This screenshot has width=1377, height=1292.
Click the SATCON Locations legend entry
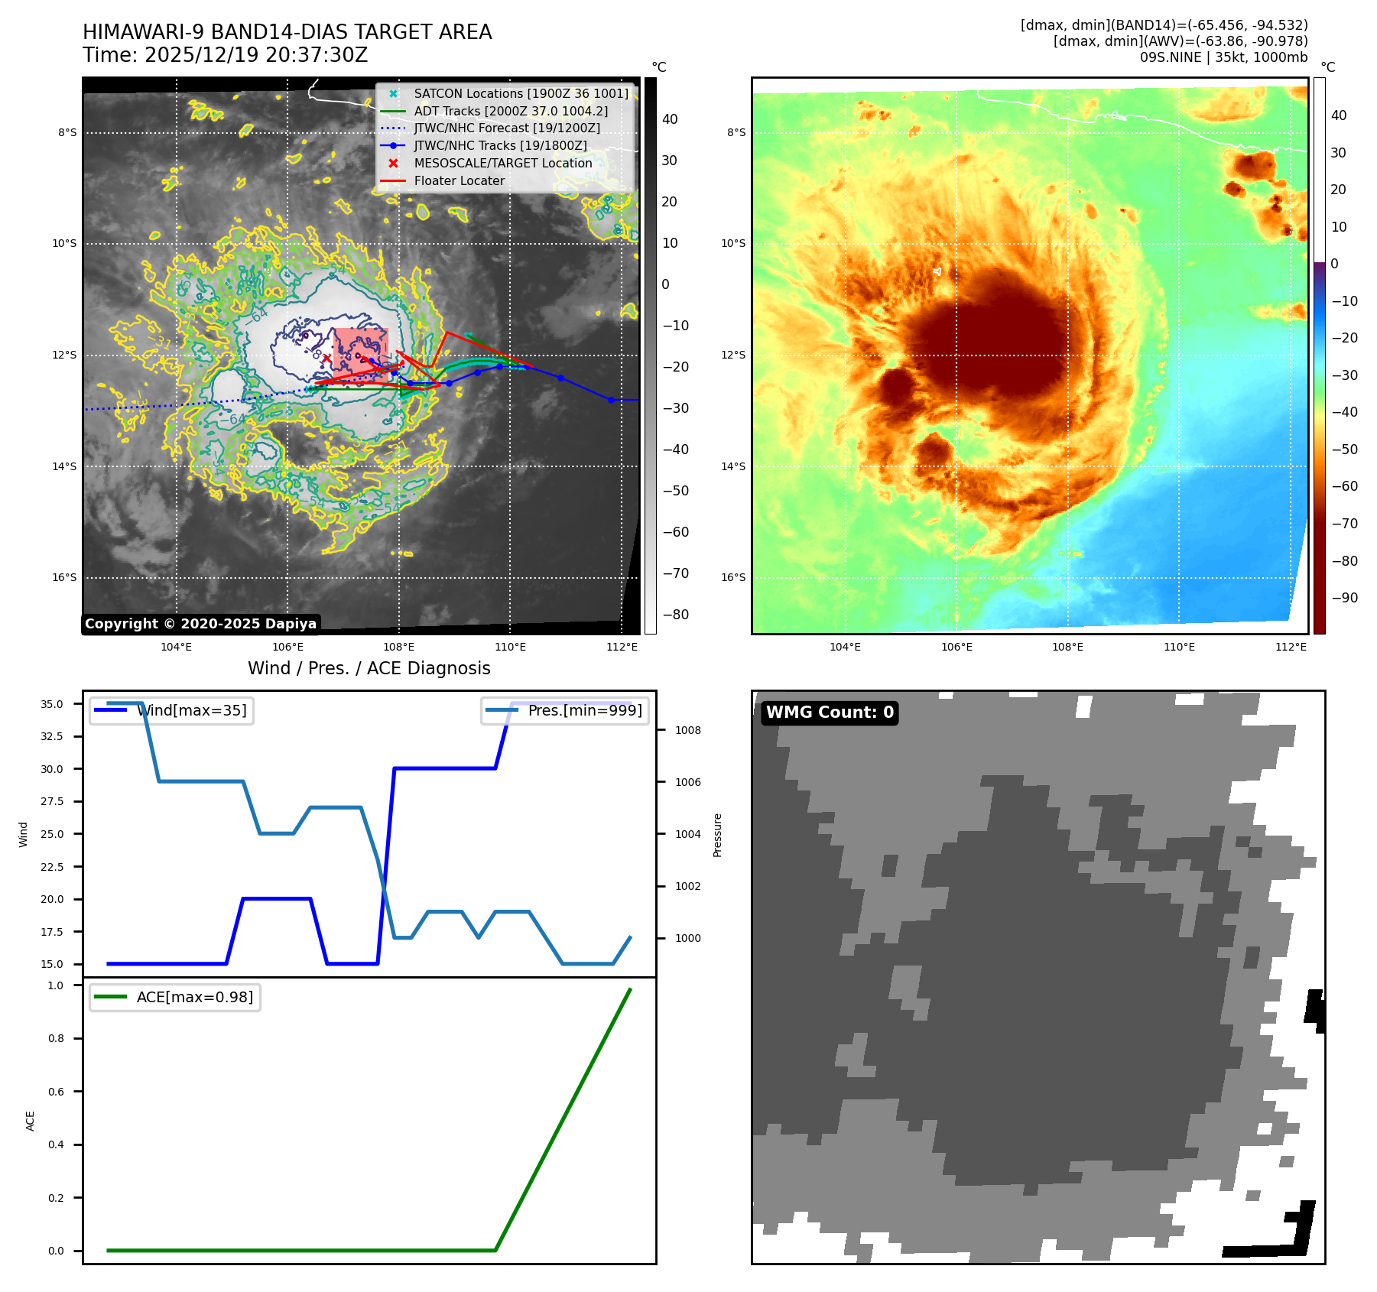[521, 94]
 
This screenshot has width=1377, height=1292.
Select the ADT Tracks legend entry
[511, 112]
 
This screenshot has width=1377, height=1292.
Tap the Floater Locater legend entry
[459, 181]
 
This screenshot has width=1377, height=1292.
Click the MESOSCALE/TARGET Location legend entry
[502, 164]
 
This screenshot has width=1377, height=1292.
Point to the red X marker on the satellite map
[327, 358]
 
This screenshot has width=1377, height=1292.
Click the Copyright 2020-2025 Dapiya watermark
[200, 624]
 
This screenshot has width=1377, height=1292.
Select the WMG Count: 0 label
[830, 713]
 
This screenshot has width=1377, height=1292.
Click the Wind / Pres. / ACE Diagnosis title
[369, 669]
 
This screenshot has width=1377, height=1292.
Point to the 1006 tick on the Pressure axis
[687, 782]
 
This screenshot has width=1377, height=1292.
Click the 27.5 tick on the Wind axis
[52, 801]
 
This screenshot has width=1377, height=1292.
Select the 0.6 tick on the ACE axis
[56, 1092]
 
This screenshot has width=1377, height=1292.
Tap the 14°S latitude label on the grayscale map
[64, 466]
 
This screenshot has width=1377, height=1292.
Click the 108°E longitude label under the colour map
[1067, 648]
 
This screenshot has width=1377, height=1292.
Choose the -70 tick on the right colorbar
[1344, 524]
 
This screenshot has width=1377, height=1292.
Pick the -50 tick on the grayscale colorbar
[675, 491]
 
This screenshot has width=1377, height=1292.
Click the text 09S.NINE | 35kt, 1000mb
[1223, 57]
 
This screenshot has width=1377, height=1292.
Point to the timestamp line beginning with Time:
[226, 56]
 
